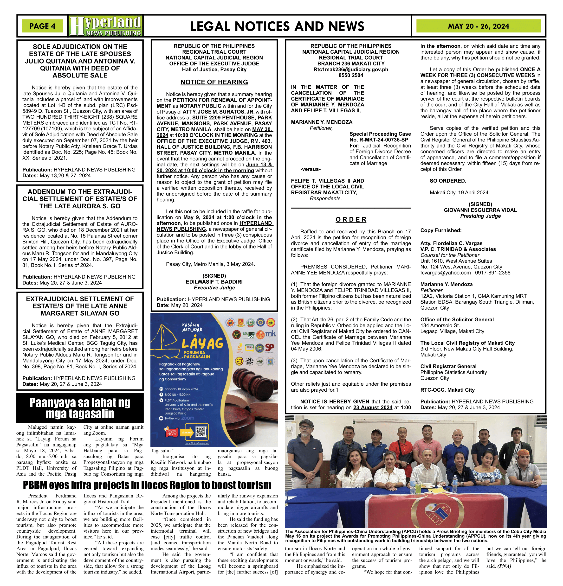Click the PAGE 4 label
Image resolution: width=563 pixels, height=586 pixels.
click(x=42, y=26)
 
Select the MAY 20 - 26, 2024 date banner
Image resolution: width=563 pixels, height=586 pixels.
click(x=478, y=26)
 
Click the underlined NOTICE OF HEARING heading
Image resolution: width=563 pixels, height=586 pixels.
click(x=214, y=82)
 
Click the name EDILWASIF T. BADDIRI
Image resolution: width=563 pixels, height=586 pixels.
click(x=214, y=282)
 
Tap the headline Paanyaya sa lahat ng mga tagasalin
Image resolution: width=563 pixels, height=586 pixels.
click(x=80, y=408)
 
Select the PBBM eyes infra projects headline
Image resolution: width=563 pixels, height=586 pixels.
click(x=147, y=485)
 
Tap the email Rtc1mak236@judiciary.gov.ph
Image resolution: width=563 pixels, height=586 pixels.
click(x=351, y=69)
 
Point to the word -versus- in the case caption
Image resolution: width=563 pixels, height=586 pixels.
click(x=310, y=169)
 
